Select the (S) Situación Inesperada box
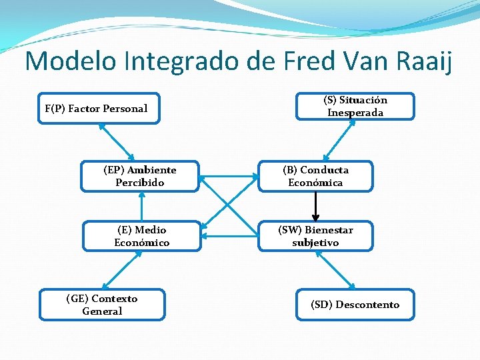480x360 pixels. click(355, 106)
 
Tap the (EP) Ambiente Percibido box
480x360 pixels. click(140, 176)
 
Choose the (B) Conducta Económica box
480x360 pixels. click(315, 176)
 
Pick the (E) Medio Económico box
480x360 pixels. click(141, 236)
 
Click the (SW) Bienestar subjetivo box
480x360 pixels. click(315, 236)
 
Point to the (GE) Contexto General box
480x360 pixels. click(102, 305)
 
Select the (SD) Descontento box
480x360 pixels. click(355, 305)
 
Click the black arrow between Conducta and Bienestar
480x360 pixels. click(316, 207)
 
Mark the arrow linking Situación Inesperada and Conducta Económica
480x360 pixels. click(335, 141)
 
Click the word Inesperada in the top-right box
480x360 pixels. click(355, 113)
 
